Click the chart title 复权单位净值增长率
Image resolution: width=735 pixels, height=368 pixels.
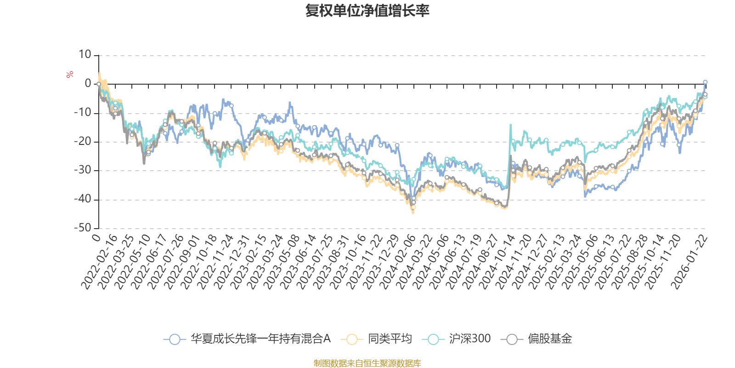[367, 11]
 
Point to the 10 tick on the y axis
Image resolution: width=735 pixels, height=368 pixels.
[85, 55]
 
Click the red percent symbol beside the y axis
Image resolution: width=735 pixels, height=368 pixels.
[70, 75]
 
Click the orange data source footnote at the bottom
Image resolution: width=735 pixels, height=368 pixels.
[367, 363]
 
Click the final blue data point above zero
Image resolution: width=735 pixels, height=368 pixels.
[705, 82]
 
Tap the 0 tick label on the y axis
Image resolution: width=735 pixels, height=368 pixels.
[88, 84]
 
